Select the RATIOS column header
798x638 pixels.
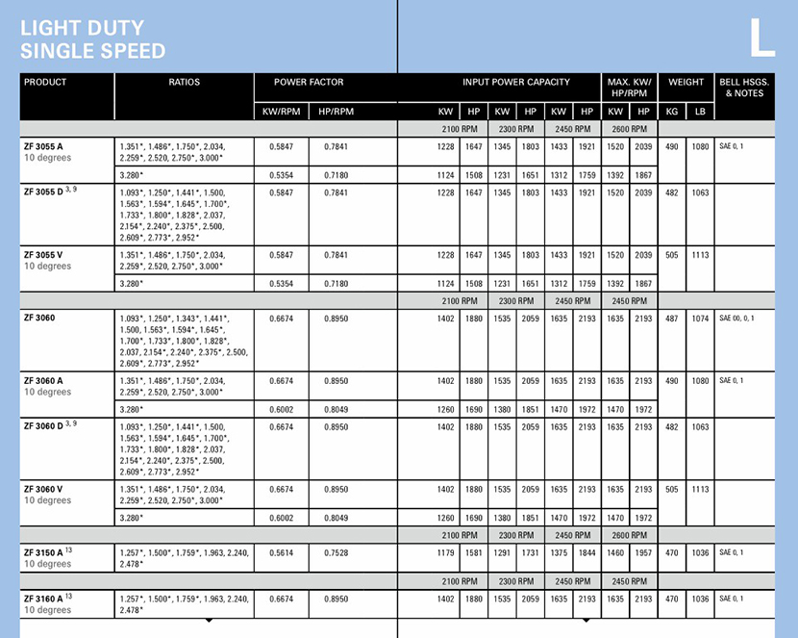[x=184, y=83]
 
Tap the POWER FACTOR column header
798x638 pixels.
[x=309, y=83]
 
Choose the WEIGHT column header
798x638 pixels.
[x=686, y=83]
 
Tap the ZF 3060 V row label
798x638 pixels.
[x=45, y=489]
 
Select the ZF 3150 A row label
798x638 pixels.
[x=47, y=552]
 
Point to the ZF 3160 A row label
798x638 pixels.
[x=47, y=600]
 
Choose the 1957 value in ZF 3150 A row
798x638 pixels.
[x=643, y=552]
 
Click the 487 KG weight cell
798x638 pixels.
[x=672, y=318]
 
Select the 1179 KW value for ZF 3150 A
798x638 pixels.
[x=444, y=552]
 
